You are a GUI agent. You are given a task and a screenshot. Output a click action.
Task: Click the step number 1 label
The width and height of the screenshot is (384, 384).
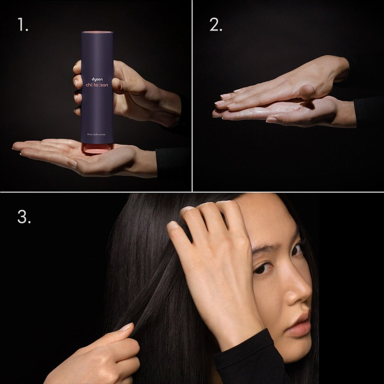tap(23, 25)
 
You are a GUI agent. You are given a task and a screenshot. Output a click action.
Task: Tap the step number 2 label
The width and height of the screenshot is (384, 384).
tap(215, 25)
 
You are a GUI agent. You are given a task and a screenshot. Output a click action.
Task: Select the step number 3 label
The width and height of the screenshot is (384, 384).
tap(24, 217)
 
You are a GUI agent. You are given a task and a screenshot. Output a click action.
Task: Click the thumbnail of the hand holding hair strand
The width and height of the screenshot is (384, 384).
tap(126, 326)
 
